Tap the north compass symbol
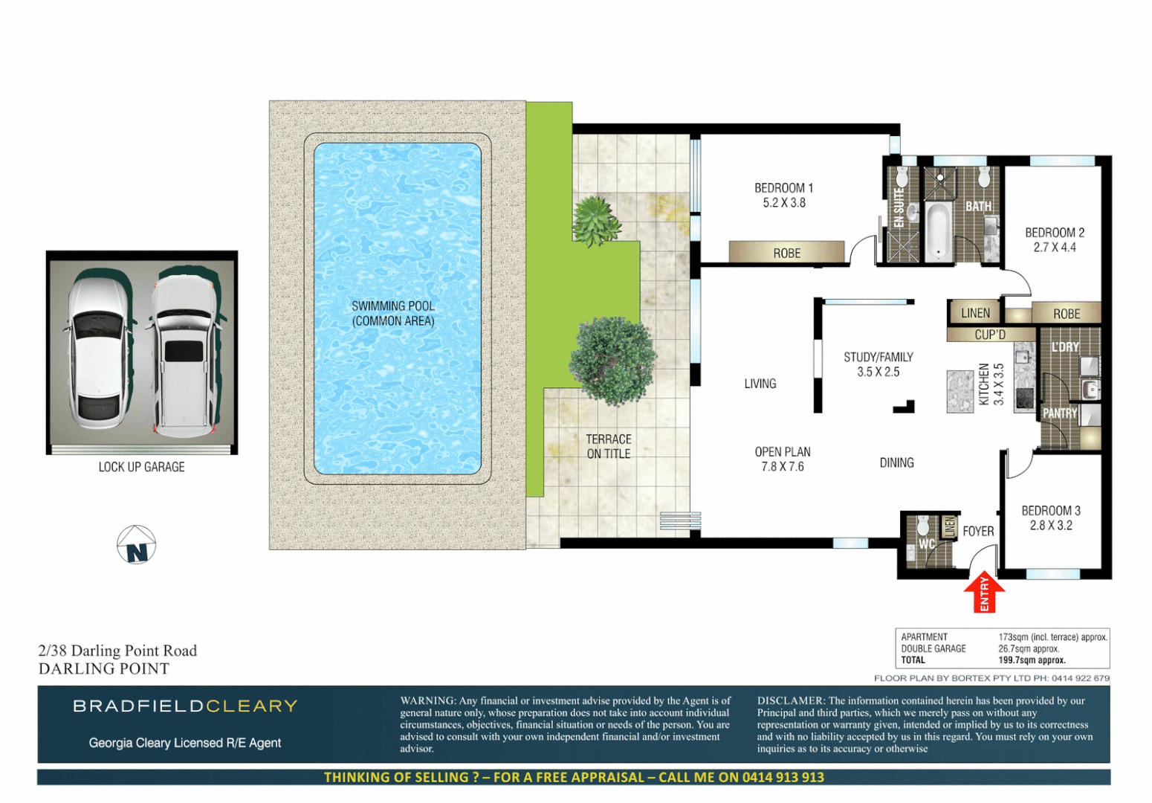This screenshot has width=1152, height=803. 136,545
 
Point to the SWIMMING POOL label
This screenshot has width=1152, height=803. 393,313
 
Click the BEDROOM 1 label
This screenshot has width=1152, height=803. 783,195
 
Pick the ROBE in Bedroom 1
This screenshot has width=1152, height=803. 786,253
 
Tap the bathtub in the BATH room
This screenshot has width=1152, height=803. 938,230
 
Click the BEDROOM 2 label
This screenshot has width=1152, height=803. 1054,239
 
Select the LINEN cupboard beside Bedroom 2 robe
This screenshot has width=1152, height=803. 975,313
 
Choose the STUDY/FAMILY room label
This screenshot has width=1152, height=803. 878,364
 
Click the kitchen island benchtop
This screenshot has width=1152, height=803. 960,391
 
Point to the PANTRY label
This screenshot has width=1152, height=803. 1059,413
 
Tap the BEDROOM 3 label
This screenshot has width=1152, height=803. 1050,517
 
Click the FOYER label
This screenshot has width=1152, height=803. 978,531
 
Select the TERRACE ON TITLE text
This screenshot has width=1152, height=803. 609,446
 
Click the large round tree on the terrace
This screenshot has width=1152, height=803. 613,361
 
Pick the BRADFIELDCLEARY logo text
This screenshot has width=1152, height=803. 185,706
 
